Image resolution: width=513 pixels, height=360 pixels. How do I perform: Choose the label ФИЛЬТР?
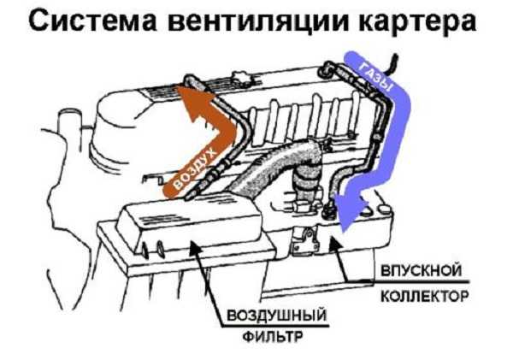tap(270, 347)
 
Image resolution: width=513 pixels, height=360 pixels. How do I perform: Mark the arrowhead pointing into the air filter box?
tap(198, 247)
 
